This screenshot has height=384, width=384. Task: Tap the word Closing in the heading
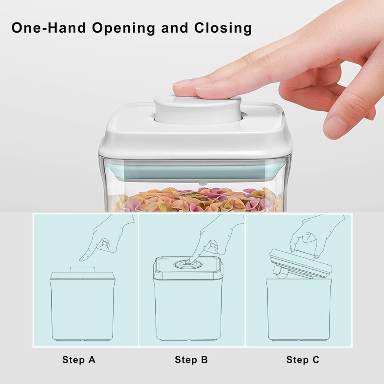coord(223,28)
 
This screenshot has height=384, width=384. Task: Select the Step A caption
coord(79,360)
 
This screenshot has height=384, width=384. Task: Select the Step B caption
coord(191,360)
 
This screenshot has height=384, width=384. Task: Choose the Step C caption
coord(303,360)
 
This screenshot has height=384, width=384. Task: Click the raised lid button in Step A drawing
coord(82,269)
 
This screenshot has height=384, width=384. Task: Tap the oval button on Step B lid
coord(187,264)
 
